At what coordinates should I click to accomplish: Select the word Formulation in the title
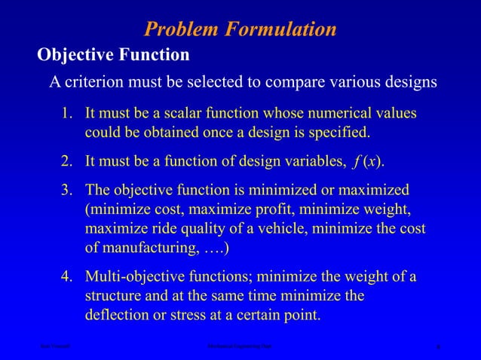point(282,29)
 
